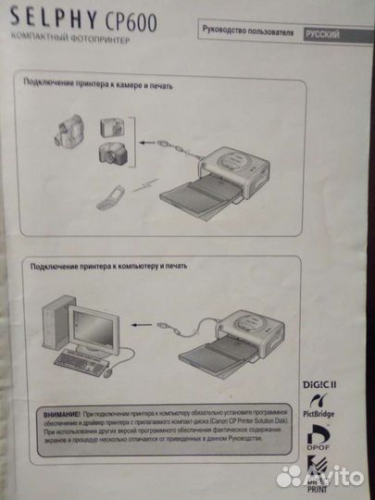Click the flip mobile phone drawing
click(108, 195)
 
